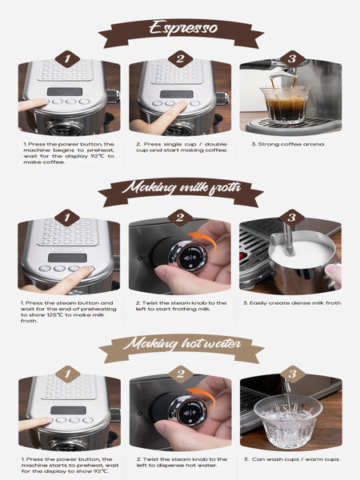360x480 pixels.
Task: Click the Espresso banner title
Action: tap(180, 29)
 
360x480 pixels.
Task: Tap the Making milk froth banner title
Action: tap(180, 190)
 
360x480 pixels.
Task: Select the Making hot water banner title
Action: tap(180, 346)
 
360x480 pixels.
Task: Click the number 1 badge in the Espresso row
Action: tap(68, 59)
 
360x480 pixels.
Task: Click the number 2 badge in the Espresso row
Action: tap(180, 59)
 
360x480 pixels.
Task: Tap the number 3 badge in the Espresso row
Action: tap(291, 59)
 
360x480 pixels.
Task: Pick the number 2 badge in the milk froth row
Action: tap(180, 218)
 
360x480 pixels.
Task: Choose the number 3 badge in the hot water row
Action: tap(291, 374)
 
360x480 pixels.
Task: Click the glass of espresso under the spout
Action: tap(285, 104)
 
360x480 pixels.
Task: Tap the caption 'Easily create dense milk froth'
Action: tap(291, 304)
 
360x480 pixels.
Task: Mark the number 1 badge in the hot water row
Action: tap(68, 374)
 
